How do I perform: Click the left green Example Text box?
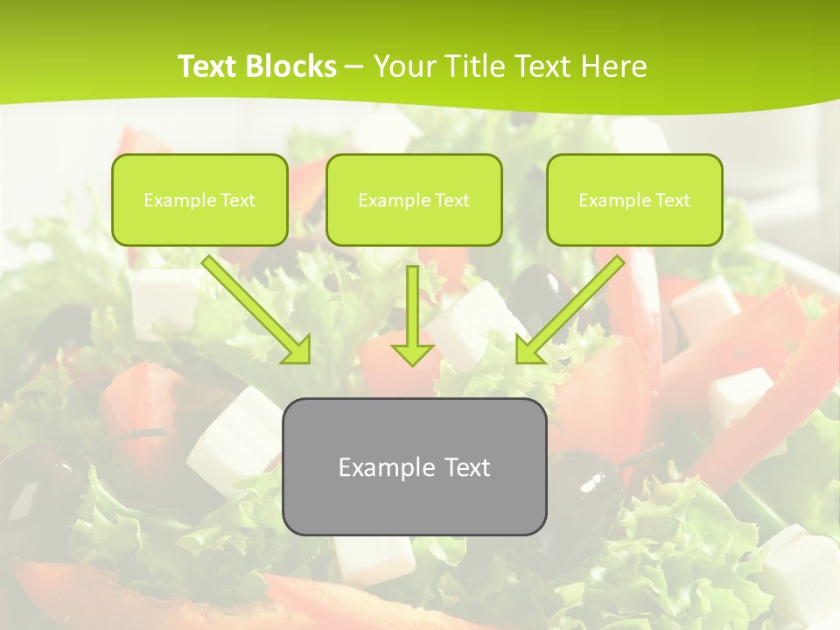click(x=199, y=199)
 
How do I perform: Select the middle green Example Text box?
click(x=414, y=199)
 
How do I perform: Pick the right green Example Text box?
click(x=634, y=199)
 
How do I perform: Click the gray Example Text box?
click(x=414, y=467)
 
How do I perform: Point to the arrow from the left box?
click(x=254, y=307)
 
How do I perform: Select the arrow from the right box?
click(x=573, y=307)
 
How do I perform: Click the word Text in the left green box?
click(x=238, y=200)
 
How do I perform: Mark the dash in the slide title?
click(x=355, y=66)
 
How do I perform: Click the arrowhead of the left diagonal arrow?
click(x=297, y=349)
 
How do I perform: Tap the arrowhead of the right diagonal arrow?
click(x=528, y=349)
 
